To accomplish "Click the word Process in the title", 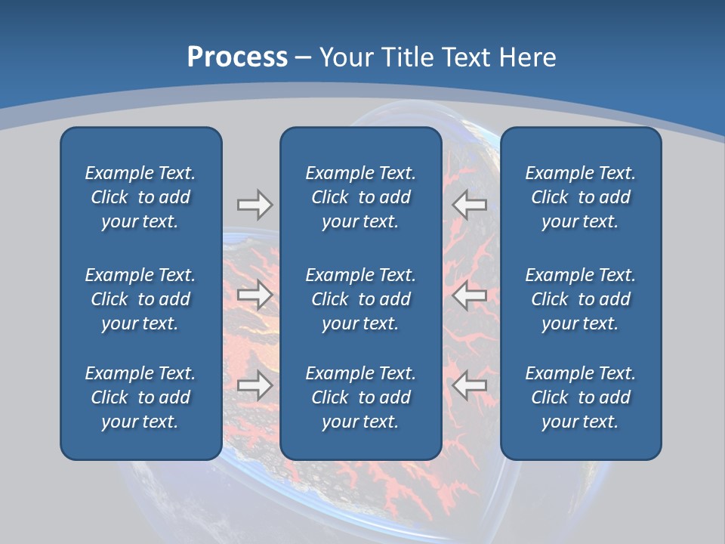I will pos(237,57).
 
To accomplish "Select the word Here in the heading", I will pos(529,57).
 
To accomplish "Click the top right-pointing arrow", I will pos(255,204).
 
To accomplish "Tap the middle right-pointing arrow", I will pos(255,295).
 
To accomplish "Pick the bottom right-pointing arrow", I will pos(255,385).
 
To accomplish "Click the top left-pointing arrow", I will pos(470,204).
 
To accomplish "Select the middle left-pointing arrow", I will pos(470,295).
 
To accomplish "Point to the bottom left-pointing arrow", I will pos(470,385).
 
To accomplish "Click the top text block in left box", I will pos(140,197).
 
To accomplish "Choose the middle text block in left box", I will pos(140,299).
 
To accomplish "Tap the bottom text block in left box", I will pos(140,397).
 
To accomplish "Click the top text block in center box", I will pos(361,197).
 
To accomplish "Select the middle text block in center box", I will pos(361,299).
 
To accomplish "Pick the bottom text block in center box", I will pos(361,397).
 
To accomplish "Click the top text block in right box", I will pos(581,197).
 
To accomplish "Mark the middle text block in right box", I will pos(581,299).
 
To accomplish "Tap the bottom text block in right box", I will pos(581,397).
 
